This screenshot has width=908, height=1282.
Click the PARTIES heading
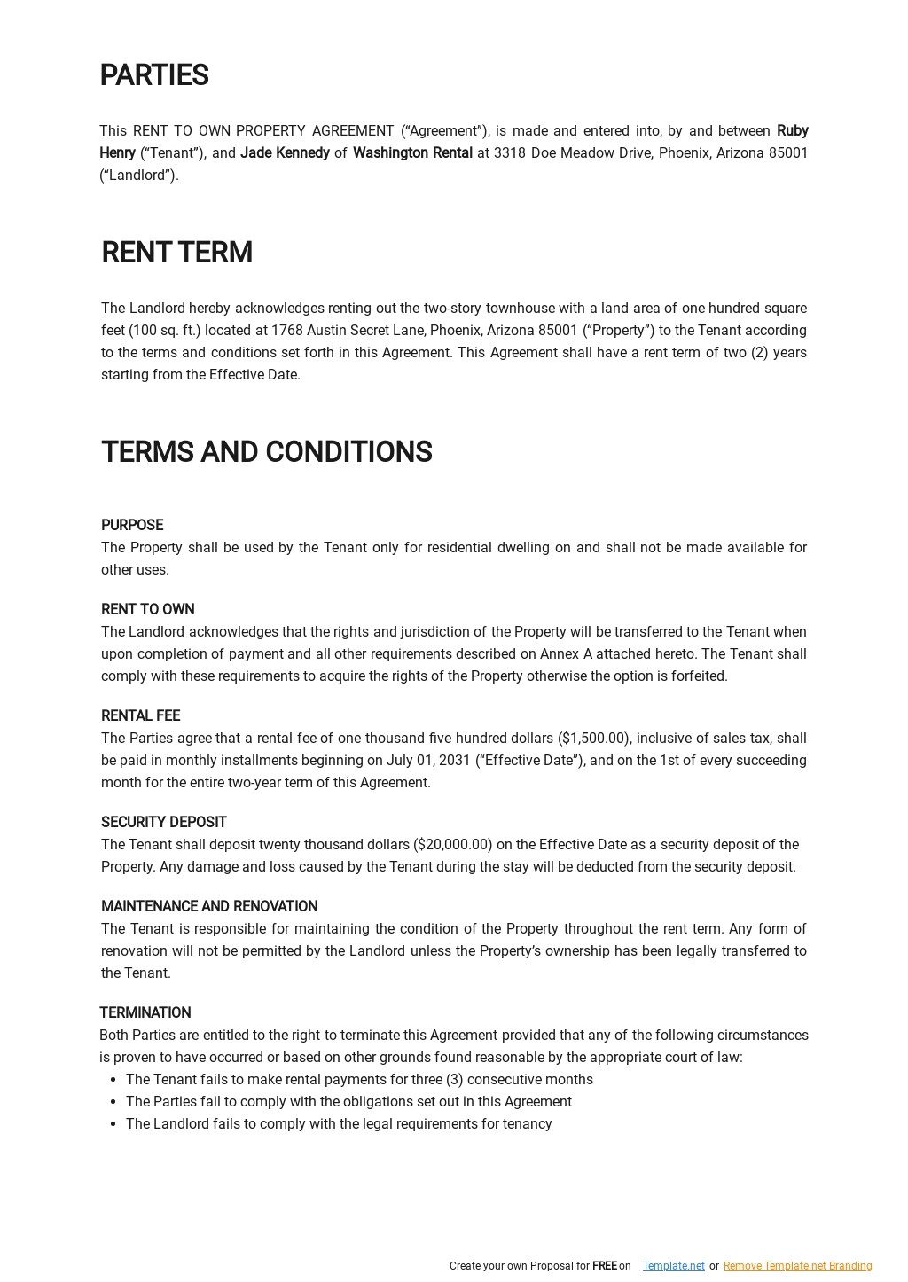[154, 76]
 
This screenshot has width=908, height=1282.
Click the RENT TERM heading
[176, 253]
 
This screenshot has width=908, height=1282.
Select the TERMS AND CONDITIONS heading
[266, 452]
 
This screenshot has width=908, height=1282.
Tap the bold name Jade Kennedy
[285, 153]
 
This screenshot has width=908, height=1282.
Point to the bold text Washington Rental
[412, 153]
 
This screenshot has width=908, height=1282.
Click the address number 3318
[510, 153]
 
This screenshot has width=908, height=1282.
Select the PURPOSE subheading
[132, 526]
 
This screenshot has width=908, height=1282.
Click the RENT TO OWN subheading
[148, 610]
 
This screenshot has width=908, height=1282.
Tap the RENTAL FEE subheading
[140, 716]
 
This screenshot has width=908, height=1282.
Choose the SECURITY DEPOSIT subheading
[164, 823]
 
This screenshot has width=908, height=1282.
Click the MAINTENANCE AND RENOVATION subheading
[209, 907]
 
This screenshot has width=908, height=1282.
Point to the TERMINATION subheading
[145, 1013]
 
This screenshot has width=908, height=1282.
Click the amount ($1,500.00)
[594, 739]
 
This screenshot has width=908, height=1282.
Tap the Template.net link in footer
[674, 1266]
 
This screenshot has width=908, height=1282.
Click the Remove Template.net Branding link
[797, 1266]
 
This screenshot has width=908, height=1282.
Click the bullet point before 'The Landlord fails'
[113, 1124]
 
